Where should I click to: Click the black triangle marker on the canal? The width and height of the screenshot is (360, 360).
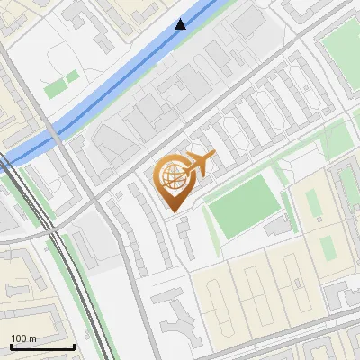point(181,24)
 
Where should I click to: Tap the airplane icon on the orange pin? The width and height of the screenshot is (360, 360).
point(201,164)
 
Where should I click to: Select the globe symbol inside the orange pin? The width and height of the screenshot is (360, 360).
point(172,175)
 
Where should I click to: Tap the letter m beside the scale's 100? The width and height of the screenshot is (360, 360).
point(32,338)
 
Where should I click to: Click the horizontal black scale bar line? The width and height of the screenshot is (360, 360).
point(42,346)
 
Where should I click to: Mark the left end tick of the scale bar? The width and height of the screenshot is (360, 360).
point(11,345)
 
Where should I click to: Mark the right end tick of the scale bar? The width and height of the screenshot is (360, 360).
point(74,345)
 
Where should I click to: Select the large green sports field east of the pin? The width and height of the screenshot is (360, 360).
point(241,207)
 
